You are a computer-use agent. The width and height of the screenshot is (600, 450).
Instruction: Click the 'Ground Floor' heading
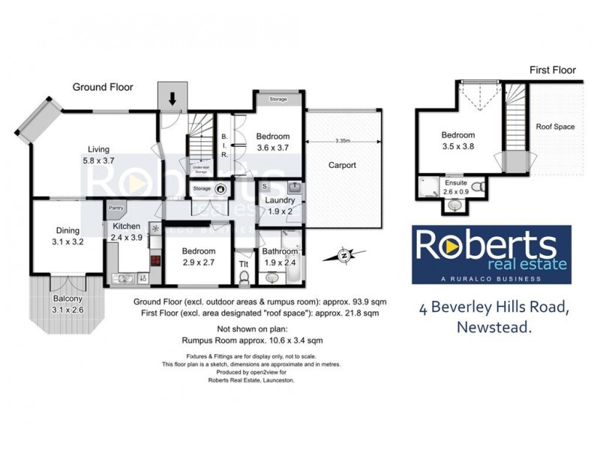[103, 87]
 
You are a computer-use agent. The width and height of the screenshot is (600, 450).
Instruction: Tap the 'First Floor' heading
[553, 70]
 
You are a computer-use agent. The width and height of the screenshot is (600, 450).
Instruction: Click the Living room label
[98, 154]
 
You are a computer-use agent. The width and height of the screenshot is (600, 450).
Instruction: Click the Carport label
[342, 165]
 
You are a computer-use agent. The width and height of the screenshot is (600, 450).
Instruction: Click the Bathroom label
[280, 257]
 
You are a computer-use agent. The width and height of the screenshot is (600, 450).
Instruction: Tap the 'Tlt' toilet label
[243, 263]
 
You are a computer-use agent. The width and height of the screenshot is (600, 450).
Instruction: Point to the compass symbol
[343, 256]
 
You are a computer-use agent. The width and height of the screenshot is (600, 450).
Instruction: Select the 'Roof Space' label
[555, 127]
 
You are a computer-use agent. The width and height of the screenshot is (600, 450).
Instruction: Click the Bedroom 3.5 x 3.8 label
[458, 141]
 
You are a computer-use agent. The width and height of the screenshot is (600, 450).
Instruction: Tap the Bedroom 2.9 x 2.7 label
[199, 256]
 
